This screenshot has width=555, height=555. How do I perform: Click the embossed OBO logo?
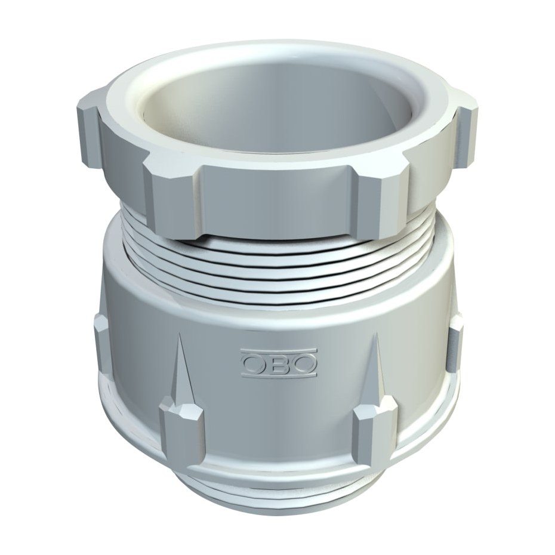tap(279, 363)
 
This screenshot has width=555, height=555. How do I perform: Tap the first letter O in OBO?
tap(254, 363)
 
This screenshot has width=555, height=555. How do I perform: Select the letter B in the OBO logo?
tap(279, 363)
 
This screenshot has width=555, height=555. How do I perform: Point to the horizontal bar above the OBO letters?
tap(279, 352)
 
